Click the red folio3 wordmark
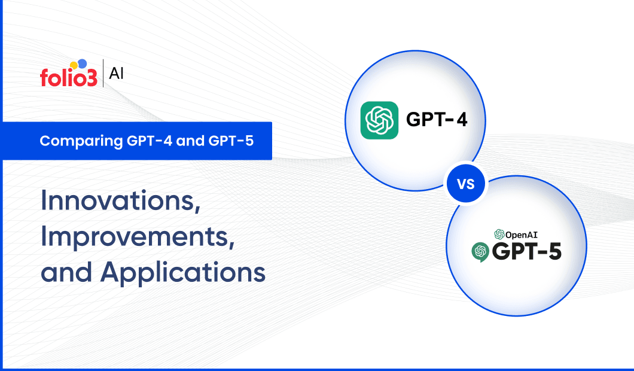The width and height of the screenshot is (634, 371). pos(68,78)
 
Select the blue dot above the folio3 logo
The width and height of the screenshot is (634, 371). pos(82,63)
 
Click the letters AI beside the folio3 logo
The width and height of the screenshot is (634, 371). pos(117,74)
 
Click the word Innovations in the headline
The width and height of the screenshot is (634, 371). pos(120,202)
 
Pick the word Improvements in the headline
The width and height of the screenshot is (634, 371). pos(137,237)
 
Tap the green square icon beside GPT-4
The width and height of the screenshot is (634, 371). pos(379,120)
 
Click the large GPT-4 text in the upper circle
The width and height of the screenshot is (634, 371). pos(437,120)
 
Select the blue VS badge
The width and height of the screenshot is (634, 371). pos(467,184)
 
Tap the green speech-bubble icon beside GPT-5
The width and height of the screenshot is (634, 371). pos(480,252)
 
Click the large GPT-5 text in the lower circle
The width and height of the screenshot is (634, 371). pos(526,252)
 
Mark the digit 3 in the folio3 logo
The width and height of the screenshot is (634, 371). pos(90,78)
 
